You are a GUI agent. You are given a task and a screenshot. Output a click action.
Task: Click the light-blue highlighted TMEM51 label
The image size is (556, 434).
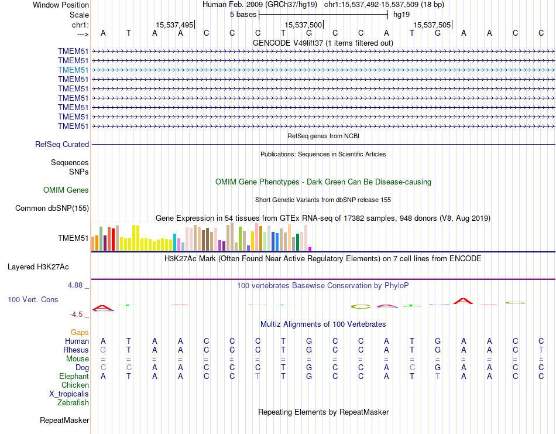(x=73, y=70)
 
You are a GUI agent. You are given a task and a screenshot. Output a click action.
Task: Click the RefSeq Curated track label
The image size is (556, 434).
(x=62, y=144)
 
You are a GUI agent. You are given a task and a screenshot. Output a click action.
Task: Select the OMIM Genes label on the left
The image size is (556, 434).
(x=66, y=190)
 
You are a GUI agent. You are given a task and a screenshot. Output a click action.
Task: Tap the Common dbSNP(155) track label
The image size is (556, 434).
(x=52, y=208)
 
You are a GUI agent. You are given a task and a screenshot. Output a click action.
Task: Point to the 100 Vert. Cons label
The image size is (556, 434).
(x=33, y=299)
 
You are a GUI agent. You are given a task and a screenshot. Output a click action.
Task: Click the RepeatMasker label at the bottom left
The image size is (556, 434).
(x=64, y=420)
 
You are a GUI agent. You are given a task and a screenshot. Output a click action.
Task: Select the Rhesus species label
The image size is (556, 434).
(x=76, y=350)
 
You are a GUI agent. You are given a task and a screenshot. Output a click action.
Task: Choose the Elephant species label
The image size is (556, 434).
(x=74, y=377)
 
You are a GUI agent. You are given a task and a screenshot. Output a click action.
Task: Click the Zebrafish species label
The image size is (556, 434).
(x=73, y=403)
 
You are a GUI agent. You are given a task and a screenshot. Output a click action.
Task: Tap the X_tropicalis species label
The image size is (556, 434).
(x=69, y=394)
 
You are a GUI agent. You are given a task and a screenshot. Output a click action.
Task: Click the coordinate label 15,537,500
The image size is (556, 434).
(x=303, y=25)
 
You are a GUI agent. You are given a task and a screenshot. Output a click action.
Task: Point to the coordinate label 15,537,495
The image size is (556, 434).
(x=174, y=25)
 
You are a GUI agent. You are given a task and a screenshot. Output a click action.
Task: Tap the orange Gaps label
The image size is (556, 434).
(x=80, y=332)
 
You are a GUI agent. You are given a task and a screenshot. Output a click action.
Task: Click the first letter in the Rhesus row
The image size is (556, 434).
(x=104, y=350)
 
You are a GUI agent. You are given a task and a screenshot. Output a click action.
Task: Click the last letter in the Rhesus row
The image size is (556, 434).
(x=541, y=350)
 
